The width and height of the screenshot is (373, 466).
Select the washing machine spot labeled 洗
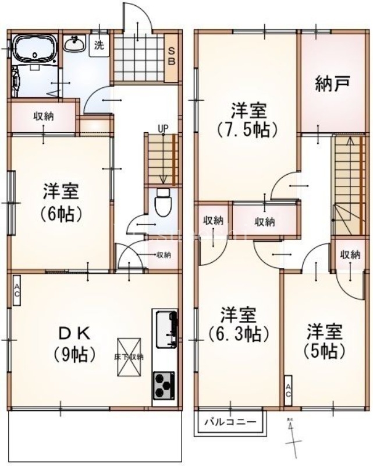[99, 45]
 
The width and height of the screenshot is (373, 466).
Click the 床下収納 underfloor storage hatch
[129, 356]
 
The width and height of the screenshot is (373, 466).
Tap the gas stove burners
[164, 384]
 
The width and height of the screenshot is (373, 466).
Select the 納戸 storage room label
[332, 84]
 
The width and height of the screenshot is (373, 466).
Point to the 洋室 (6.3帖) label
[238, 324]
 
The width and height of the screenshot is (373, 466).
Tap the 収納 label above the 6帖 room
[43, 116]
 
